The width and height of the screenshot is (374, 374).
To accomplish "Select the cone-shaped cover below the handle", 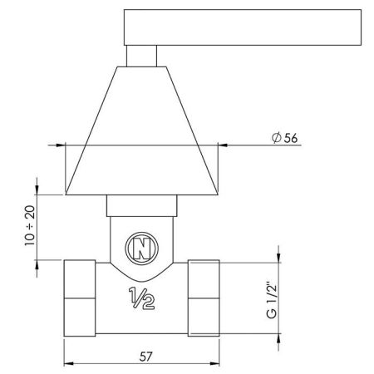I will coord(142,133).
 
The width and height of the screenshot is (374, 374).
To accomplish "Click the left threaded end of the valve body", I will coord(79,298).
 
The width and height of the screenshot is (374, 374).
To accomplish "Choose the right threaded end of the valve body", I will coord(205,298).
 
